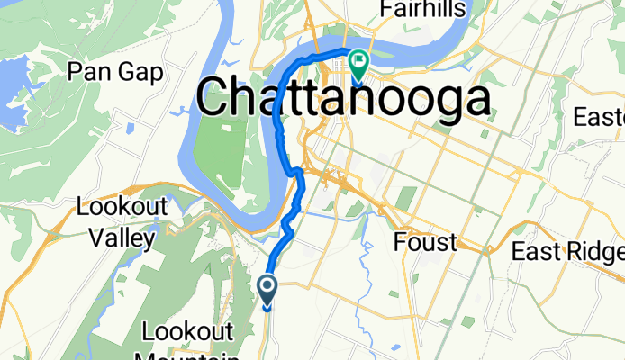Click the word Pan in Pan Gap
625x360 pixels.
tap(91, 72)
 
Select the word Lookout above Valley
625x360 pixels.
tap(122, 206)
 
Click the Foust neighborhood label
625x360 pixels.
tap(425, 242)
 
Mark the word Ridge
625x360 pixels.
tap(593, 252)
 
